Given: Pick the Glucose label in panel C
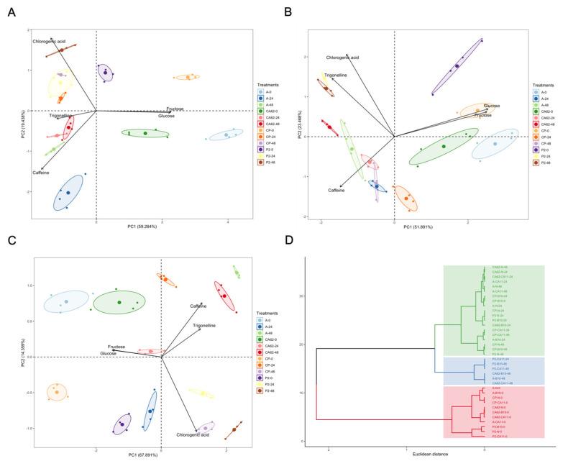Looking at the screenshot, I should click(109, 354).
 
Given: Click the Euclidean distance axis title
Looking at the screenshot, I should click(406, 454).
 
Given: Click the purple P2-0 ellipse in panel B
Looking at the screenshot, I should click(457, 66).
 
